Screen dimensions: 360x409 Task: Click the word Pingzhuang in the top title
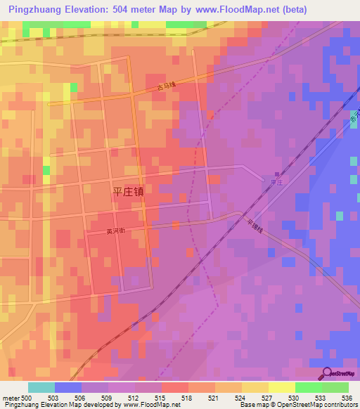(x=42, y=11)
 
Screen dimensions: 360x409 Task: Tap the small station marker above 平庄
(x=276, y=174)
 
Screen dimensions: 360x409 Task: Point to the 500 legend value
(x=25, y=398)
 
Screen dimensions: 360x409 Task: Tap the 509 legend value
(x=105, y=398)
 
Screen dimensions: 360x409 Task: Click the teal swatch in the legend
(x=41, y=387)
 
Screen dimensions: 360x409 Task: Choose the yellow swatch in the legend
(x=281, y=387)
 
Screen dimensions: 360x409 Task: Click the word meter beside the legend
(x=10, y=398)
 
